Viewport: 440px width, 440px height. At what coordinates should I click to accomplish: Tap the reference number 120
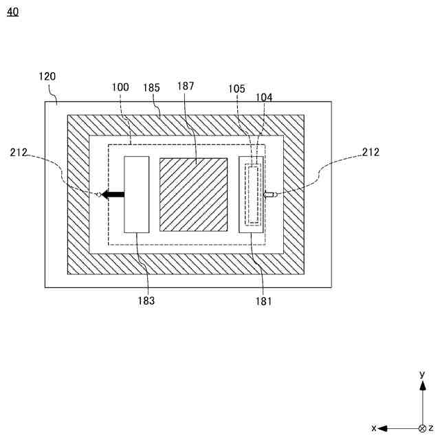47,76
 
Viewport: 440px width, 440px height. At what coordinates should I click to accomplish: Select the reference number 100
120,87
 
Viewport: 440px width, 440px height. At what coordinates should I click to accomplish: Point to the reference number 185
151,87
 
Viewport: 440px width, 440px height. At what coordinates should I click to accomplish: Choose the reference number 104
264,98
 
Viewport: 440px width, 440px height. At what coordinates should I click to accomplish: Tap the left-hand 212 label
19,153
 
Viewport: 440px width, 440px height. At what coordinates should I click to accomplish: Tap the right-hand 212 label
370,153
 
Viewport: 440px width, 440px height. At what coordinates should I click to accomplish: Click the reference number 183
146,300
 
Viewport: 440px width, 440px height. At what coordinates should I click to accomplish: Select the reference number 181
263,300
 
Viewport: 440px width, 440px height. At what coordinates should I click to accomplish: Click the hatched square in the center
193,195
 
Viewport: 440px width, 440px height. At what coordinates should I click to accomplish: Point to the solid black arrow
113,195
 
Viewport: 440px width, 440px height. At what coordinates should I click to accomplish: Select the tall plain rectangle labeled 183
136,195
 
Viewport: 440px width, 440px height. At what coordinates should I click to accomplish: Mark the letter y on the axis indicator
421,374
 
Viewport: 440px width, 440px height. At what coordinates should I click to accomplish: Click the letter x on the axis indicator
373,428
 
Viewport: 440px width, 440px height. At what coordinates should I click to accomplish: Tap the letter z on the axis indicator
431,428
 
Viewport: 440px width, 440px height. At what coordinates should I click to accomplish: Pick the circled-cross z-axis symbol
421,428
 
